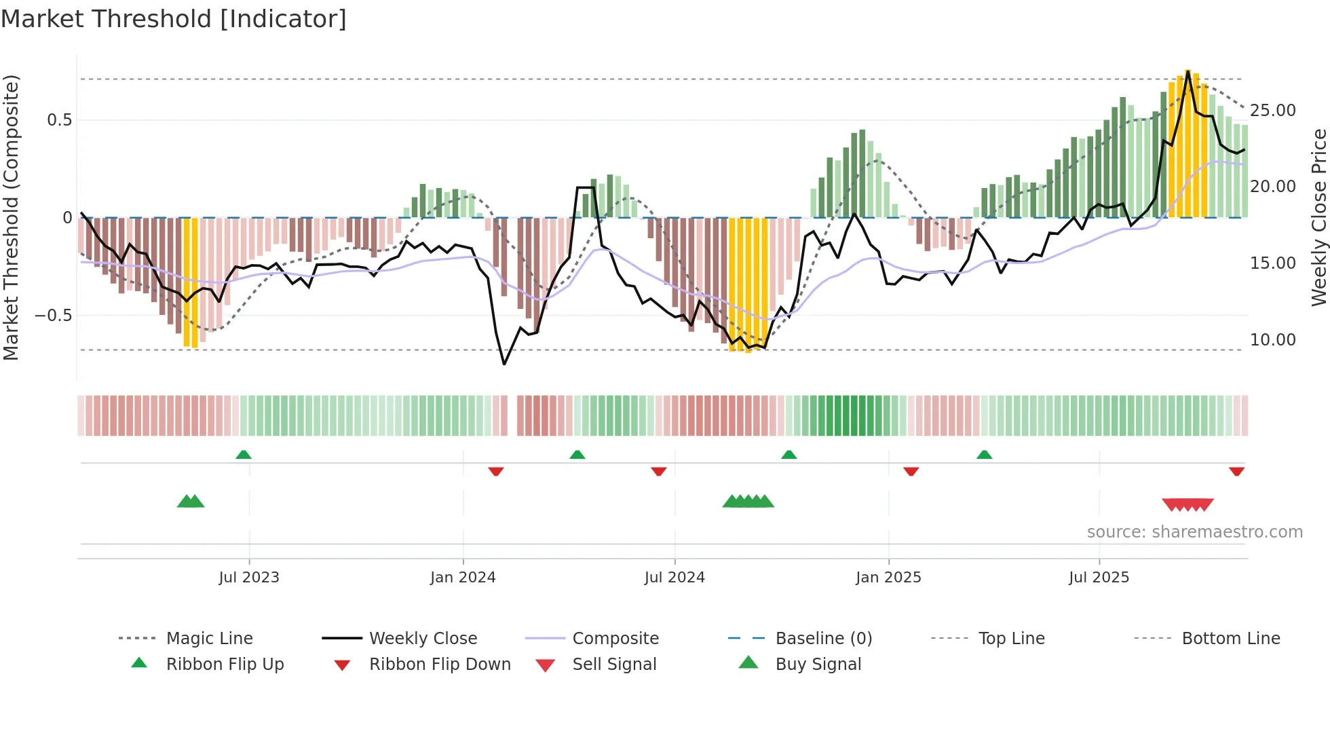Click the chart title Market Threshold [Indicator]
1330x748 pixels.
pyautogui.click(x=174, y=19)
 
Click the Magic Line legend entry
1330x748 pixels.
pyautogui.click(x=209, y=638)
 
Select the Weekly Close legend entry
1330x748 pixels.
pyautogui.click(x=423, y=638)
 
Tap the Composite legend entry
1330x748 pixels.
pyautogui.click(x=615, y=638)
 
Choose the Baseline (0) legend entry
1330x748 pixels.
pyautogui.click(x=823, y=638)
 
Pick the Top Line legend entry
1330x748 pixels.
pyautogui.click(x=1011, y=638)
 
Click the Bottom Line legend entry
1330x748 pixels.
pyautogui.click(x=1230, y=638)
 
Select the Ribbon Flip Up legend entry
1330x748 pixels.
pyautogui.click(x=225, y=664)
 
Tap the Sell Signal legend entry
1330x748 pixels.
pyautogui.click(x=614, y=664)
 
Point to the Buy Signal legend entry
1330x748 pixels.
pyautogui.click(x=818, y=664)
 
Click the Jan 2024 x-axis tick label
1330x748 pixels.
pyautogui.click(x=463, y=577)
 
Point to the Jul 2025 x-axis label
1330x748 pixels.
pyautogui.click(x=1099, y=577)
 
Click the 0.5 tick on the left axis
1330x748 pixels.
pyautogui.click(x=60, y=120)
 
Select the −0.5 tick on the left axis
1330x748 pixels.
pyautogui.click(x=54, y=316)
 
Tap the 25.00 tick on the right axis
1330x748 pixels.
pyautogui.click(x=1272, y=110)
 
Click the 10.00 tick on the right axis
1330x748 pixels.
pyautogui.click(x=1272, y=339)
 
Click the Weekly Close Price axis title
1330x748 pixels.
pyautogui.click(x=1318, y=217)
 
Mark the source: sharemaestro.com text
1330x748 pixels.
pyautogui.click(x=1194, y=531)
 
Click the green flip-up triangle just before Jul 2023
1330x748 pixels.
pyautogui.click(x=244, y=455)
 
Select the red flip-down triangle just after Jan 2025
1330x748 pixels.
pyautogui.click(x=911, y=471)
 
